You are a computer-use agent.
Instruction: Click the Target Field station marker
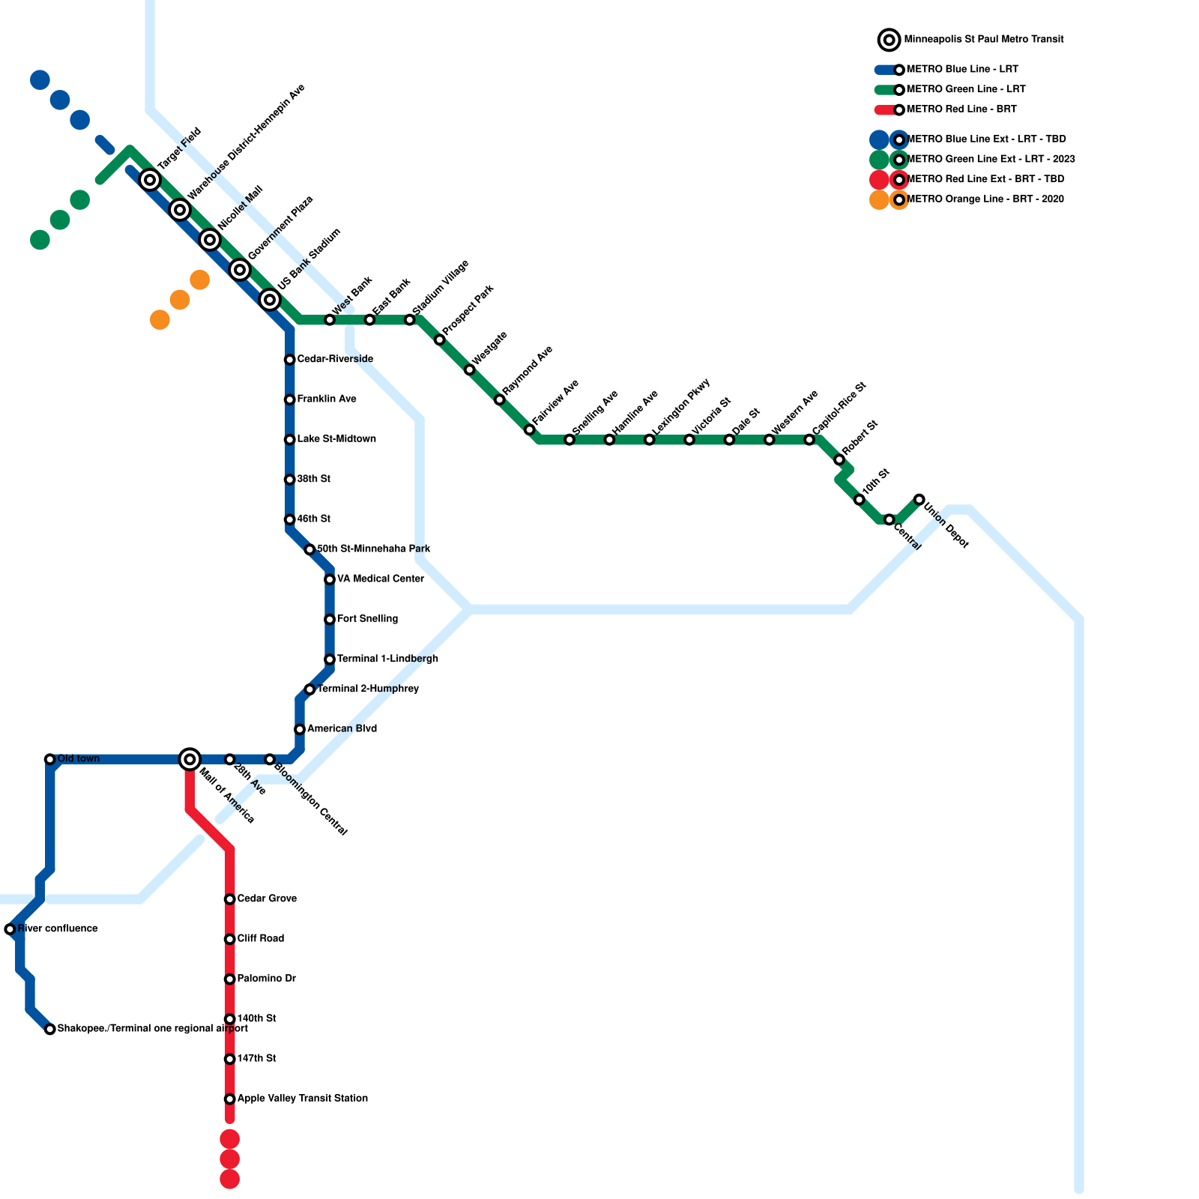click(150, 180)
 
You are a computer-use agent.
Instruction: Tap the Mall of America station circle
click(190, 759)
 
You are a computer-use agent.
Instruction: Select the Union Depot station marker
click(919, 499)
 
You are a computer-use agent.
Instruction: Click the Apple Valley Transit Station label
click(302, 1099)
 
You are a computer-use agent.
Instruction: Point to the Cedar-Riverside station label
click(335, 360)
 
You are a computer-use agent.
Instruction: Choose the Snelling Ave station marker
click(570, 440)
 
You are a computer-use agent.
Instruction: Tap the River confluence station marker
click(10, 929)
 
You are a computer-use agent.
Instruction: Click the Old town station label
click(79, 759)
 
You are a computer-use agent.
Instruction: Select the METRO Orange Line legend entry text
click(985, 199)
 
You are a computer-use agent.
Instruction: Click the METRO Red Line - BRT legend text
click(961, 109)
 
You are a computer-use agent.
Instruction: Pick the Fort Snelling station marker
click(330, 619)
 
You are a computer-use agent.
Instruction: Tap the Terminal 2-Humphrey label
click(368, 689)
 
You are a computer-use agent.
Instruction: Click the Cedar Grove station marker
click(230, 899)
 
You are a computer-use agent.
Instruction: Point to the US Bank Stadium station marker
click(270, 300)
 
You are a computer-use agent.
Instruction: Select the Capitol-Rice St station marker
click(809, 440)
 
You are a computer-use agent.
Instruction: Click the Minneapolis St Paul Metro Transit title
click(983, 40)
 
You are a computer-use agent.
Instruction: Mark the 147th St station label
click(257, 1059)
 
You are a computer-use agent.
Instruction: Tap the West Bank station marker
click(330, 320)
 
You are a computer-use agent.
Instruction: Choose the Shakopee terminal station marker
click(50, 1029)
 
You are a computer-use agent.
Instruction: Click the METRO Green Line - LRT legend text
click(965, 89)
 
